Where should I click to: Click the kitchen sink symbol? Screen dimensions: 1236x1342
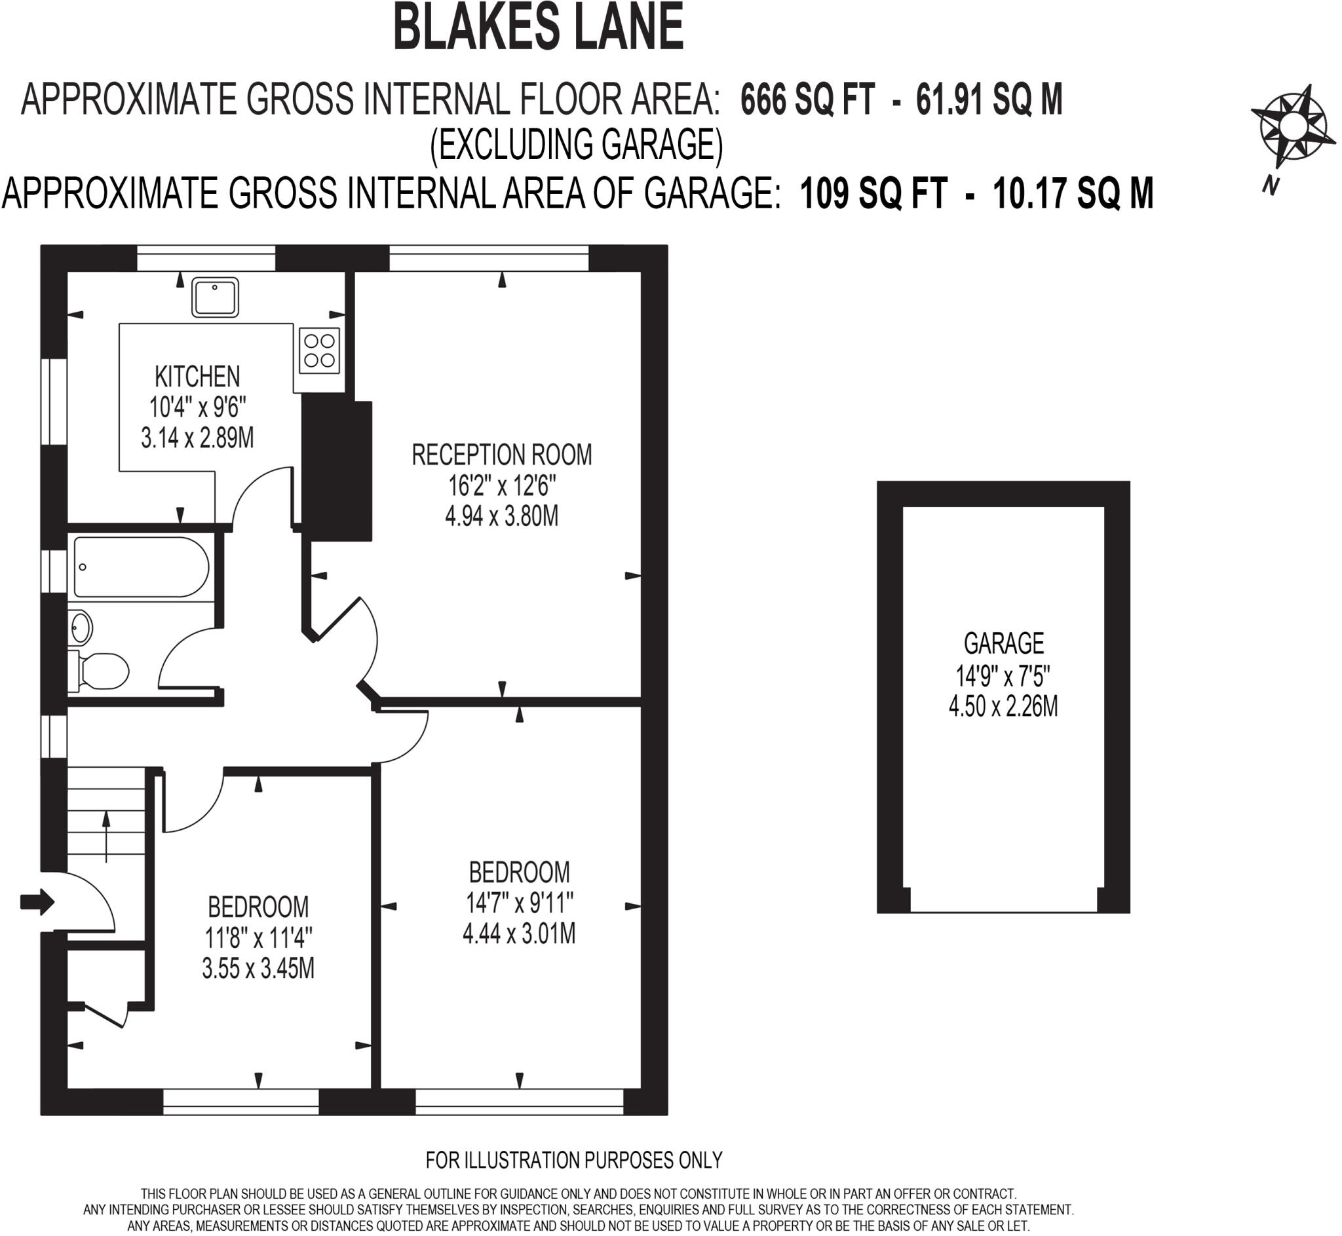point(215,297)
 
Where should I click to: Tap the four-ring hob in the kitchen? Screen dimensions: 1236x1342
point(319,350)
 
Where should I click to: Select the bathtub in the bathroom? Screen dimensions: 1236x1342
point(140,567)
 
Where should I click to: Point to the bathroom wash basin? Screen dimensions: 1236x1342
point(81,628)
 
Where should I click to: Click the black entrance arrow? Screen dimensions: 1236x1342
point(37,901)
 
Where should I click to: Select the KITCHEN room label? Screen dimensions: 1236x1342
point(197,377)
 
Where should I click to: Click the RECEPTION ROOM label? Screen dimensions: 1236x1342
point(501,455)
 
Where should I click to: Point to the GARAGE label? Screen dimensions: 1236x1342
point(1003,643)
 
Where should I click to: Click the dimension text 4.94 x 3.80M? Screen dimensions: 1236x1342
point(501,516)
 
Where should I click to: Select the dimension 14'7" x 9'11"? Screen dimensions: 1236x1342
point(519,904)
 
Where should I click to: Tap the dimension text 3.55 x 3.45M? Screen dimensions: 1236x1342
point(258,969)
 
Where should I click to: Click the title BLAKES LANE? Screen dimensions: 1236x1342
point(538,28)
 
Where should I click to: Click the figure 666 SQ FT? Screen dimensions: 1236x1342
point(807,100)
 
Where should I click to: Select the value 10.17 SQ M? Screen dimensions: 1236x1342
point(1073,193)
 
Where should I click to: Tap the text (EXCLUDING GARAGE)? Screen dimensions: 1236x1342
point(576,145)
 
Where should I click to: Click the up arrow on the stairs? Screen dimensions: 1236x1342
point(105,836)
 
